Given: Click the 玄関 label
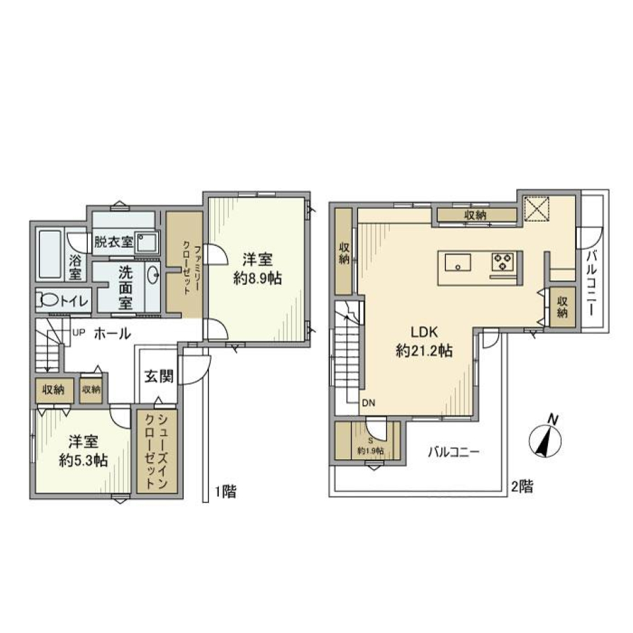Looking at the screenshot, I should tap(159, 377).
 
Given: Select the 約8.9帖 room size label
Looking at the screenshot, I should tap(257, 278).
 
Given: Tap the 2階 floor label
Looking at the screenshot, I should tap(522, 487).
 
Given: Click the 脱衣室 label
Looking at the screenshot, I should tap(114, 241).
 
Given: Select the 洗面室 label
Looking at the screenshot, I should tap(125, 287).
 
